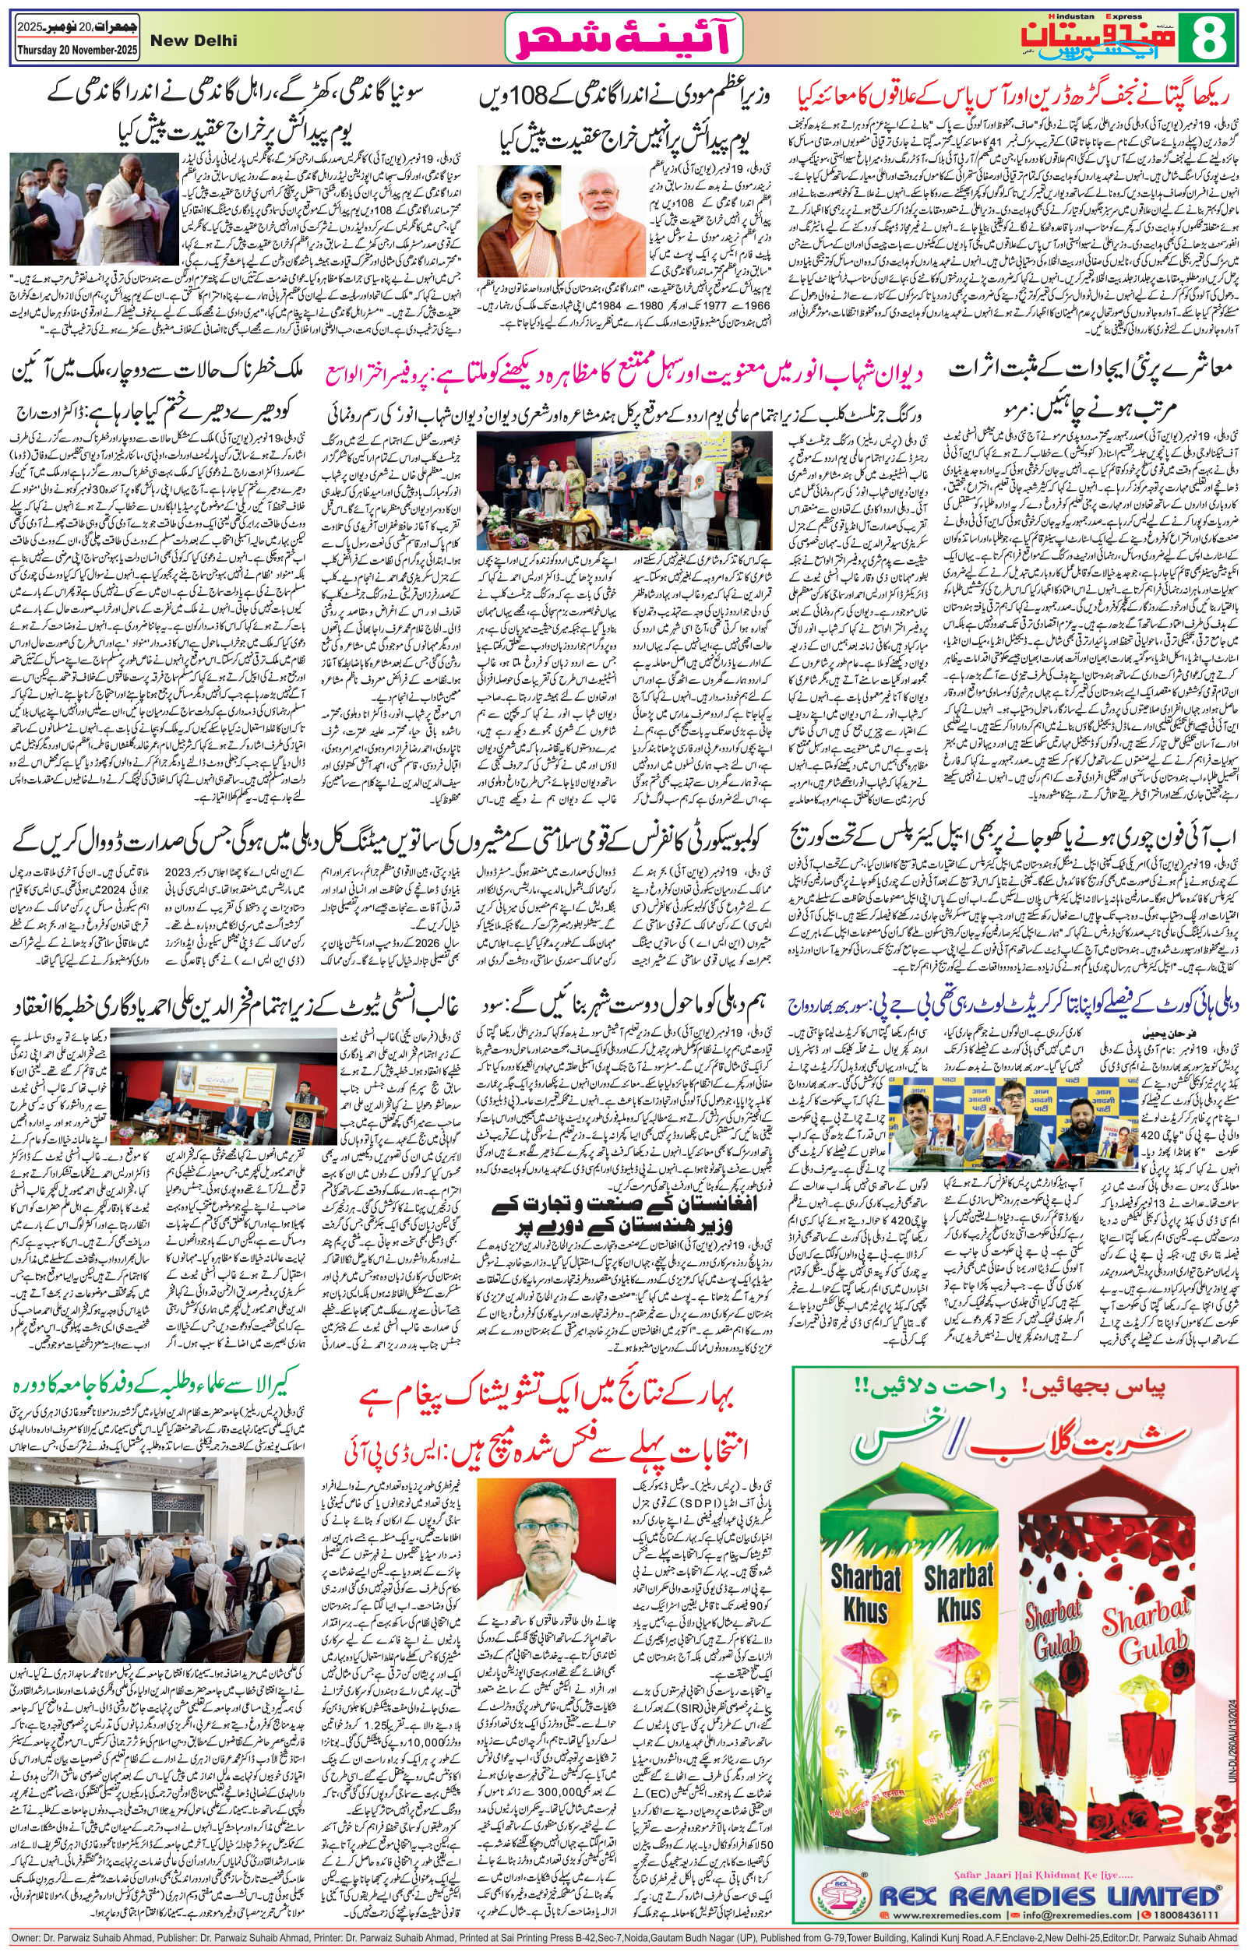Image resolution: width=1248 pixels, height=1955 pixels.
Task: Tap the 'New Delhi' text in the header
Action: tap(201, 41)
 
